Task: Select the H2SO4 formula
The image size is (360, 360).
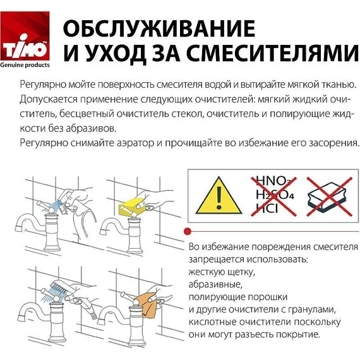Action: [x=273, y=195]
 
